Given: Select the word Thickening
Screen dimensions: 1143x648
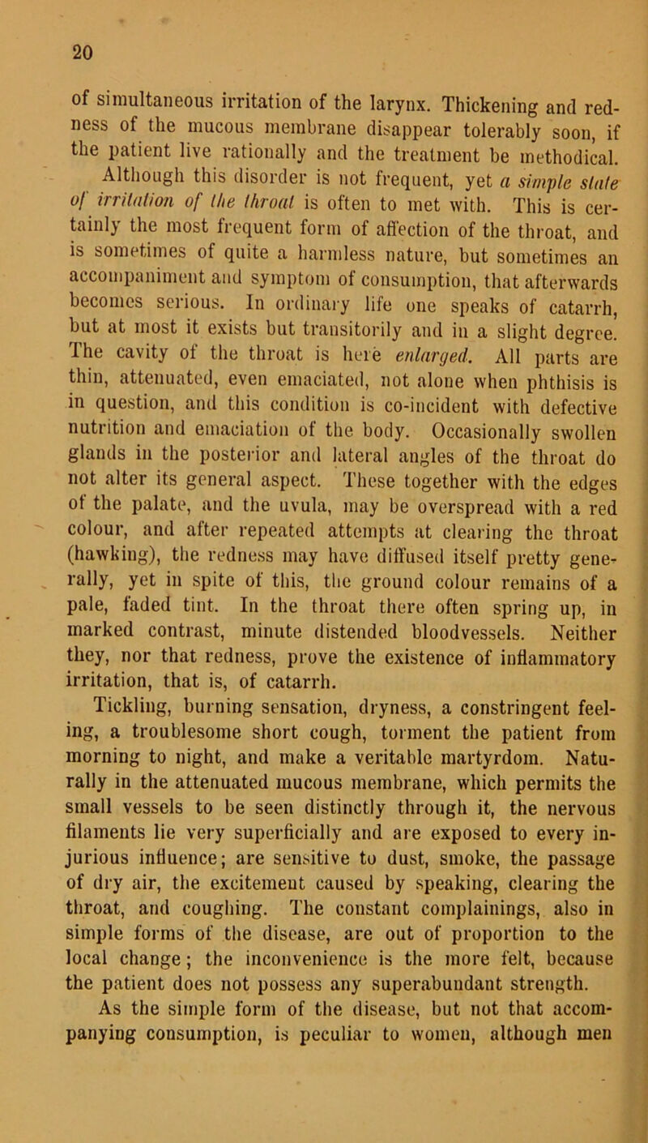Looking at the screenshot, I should [x=432, y=83].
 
